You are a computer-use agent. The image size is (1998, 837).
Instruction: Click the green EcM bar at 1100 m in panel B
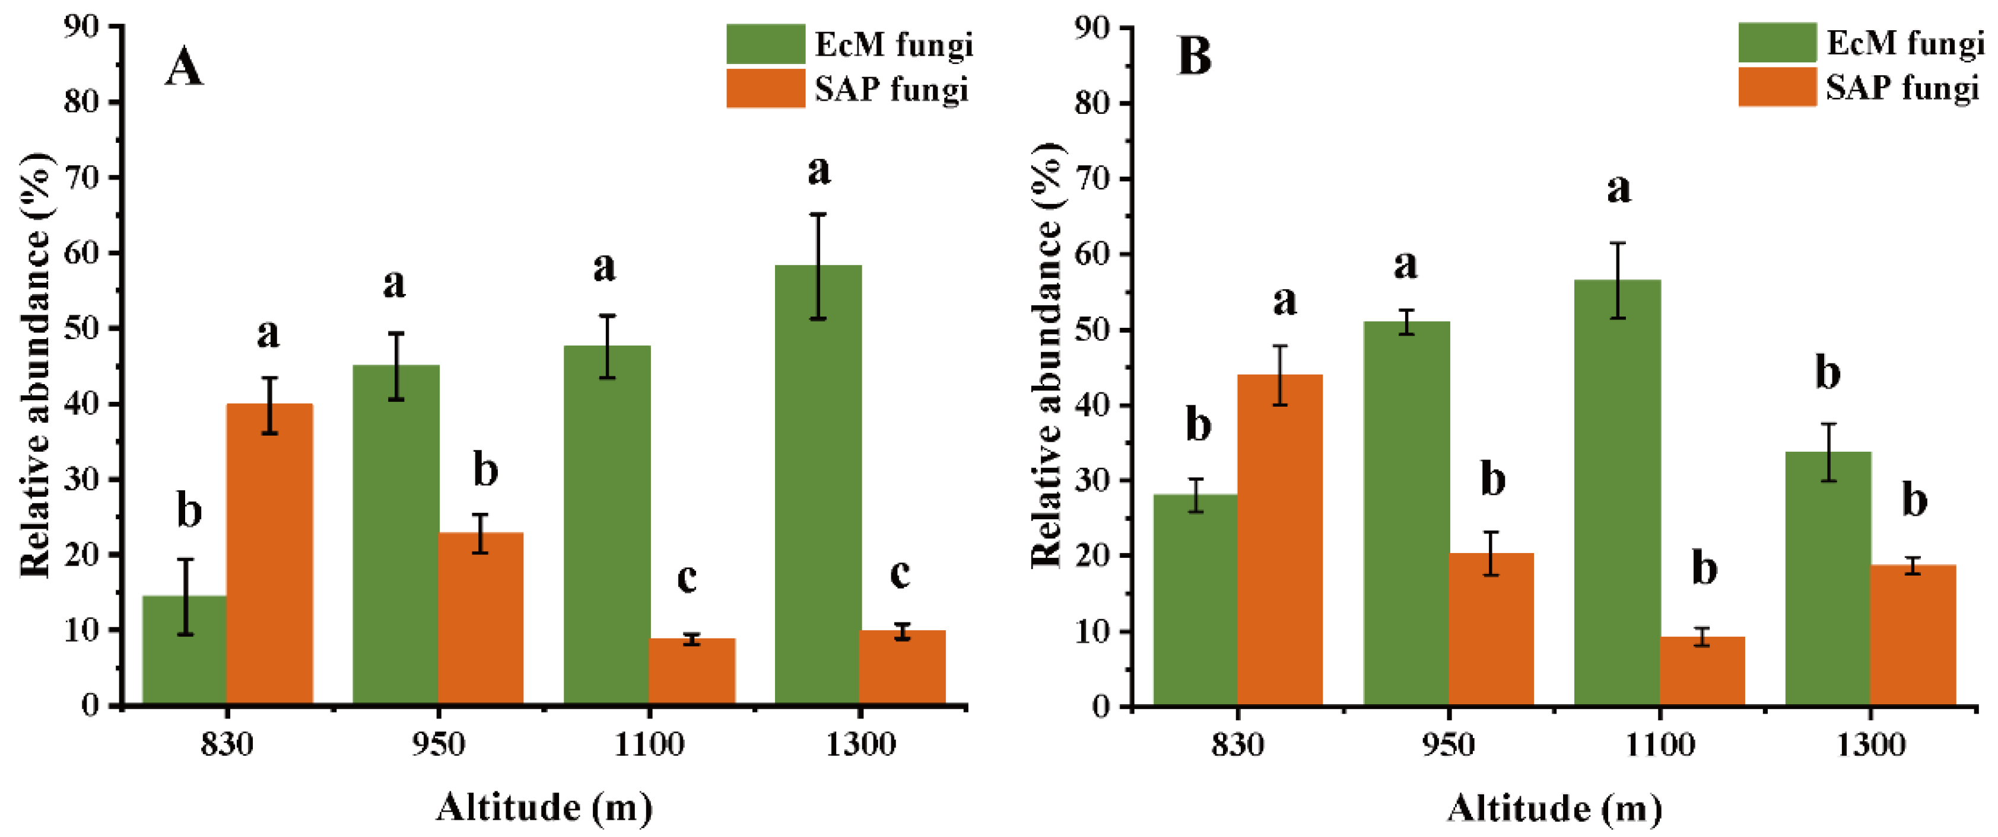(1617, 496)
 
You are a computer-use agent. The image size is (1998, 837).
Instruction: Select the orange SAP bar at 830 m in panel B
(1280, 542)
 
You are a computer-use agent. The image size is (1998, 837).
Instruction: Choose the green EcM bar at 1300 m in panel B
(1828, 582)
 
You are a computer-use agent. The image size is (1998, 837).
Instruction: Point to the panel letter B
(1194, 56)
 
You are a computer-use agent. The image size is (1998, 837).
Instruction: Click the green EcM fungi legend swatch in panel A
(765, 44)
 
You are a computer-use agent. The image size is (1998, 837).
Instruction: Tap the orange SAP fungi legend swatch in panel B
(1776, 87)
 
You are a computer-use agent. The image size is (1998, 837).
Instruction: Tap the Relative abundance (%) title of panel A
(35, 364)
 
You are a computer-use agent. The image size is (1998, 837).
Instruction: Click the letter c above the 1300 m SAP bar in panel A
(900, 573)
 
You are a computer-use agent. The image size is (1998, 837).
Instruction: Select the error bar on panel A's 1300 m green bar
(818, 266)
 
